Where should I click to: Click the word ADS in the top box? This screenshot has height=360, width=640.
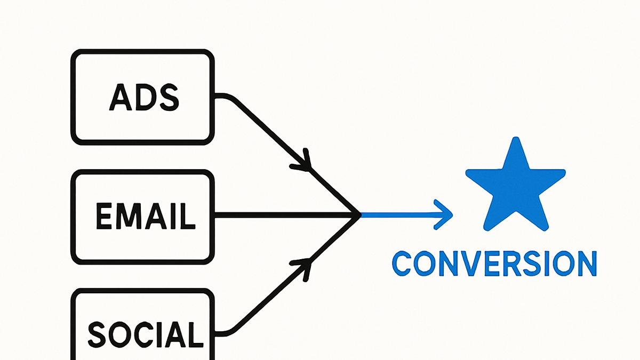coord(144,97)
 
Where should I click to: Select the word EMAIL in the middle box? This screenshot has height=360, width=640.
coord(146,216)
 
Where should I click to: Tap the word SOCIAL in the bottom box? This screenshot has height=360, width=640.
coord(146,334)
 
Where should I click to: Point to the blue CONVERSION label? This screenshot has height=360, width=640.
coord(494,263)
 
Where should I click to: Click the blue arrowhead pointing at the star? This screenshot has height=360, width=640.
coord(444,214)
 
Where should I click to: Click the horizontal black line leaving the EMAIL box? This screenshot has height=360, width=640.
coord(286,215)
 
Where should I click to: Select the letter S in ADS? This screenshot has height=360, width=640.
coord(170,98)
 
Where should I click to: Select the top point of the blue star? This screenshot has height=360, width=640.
coord(516,138)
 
